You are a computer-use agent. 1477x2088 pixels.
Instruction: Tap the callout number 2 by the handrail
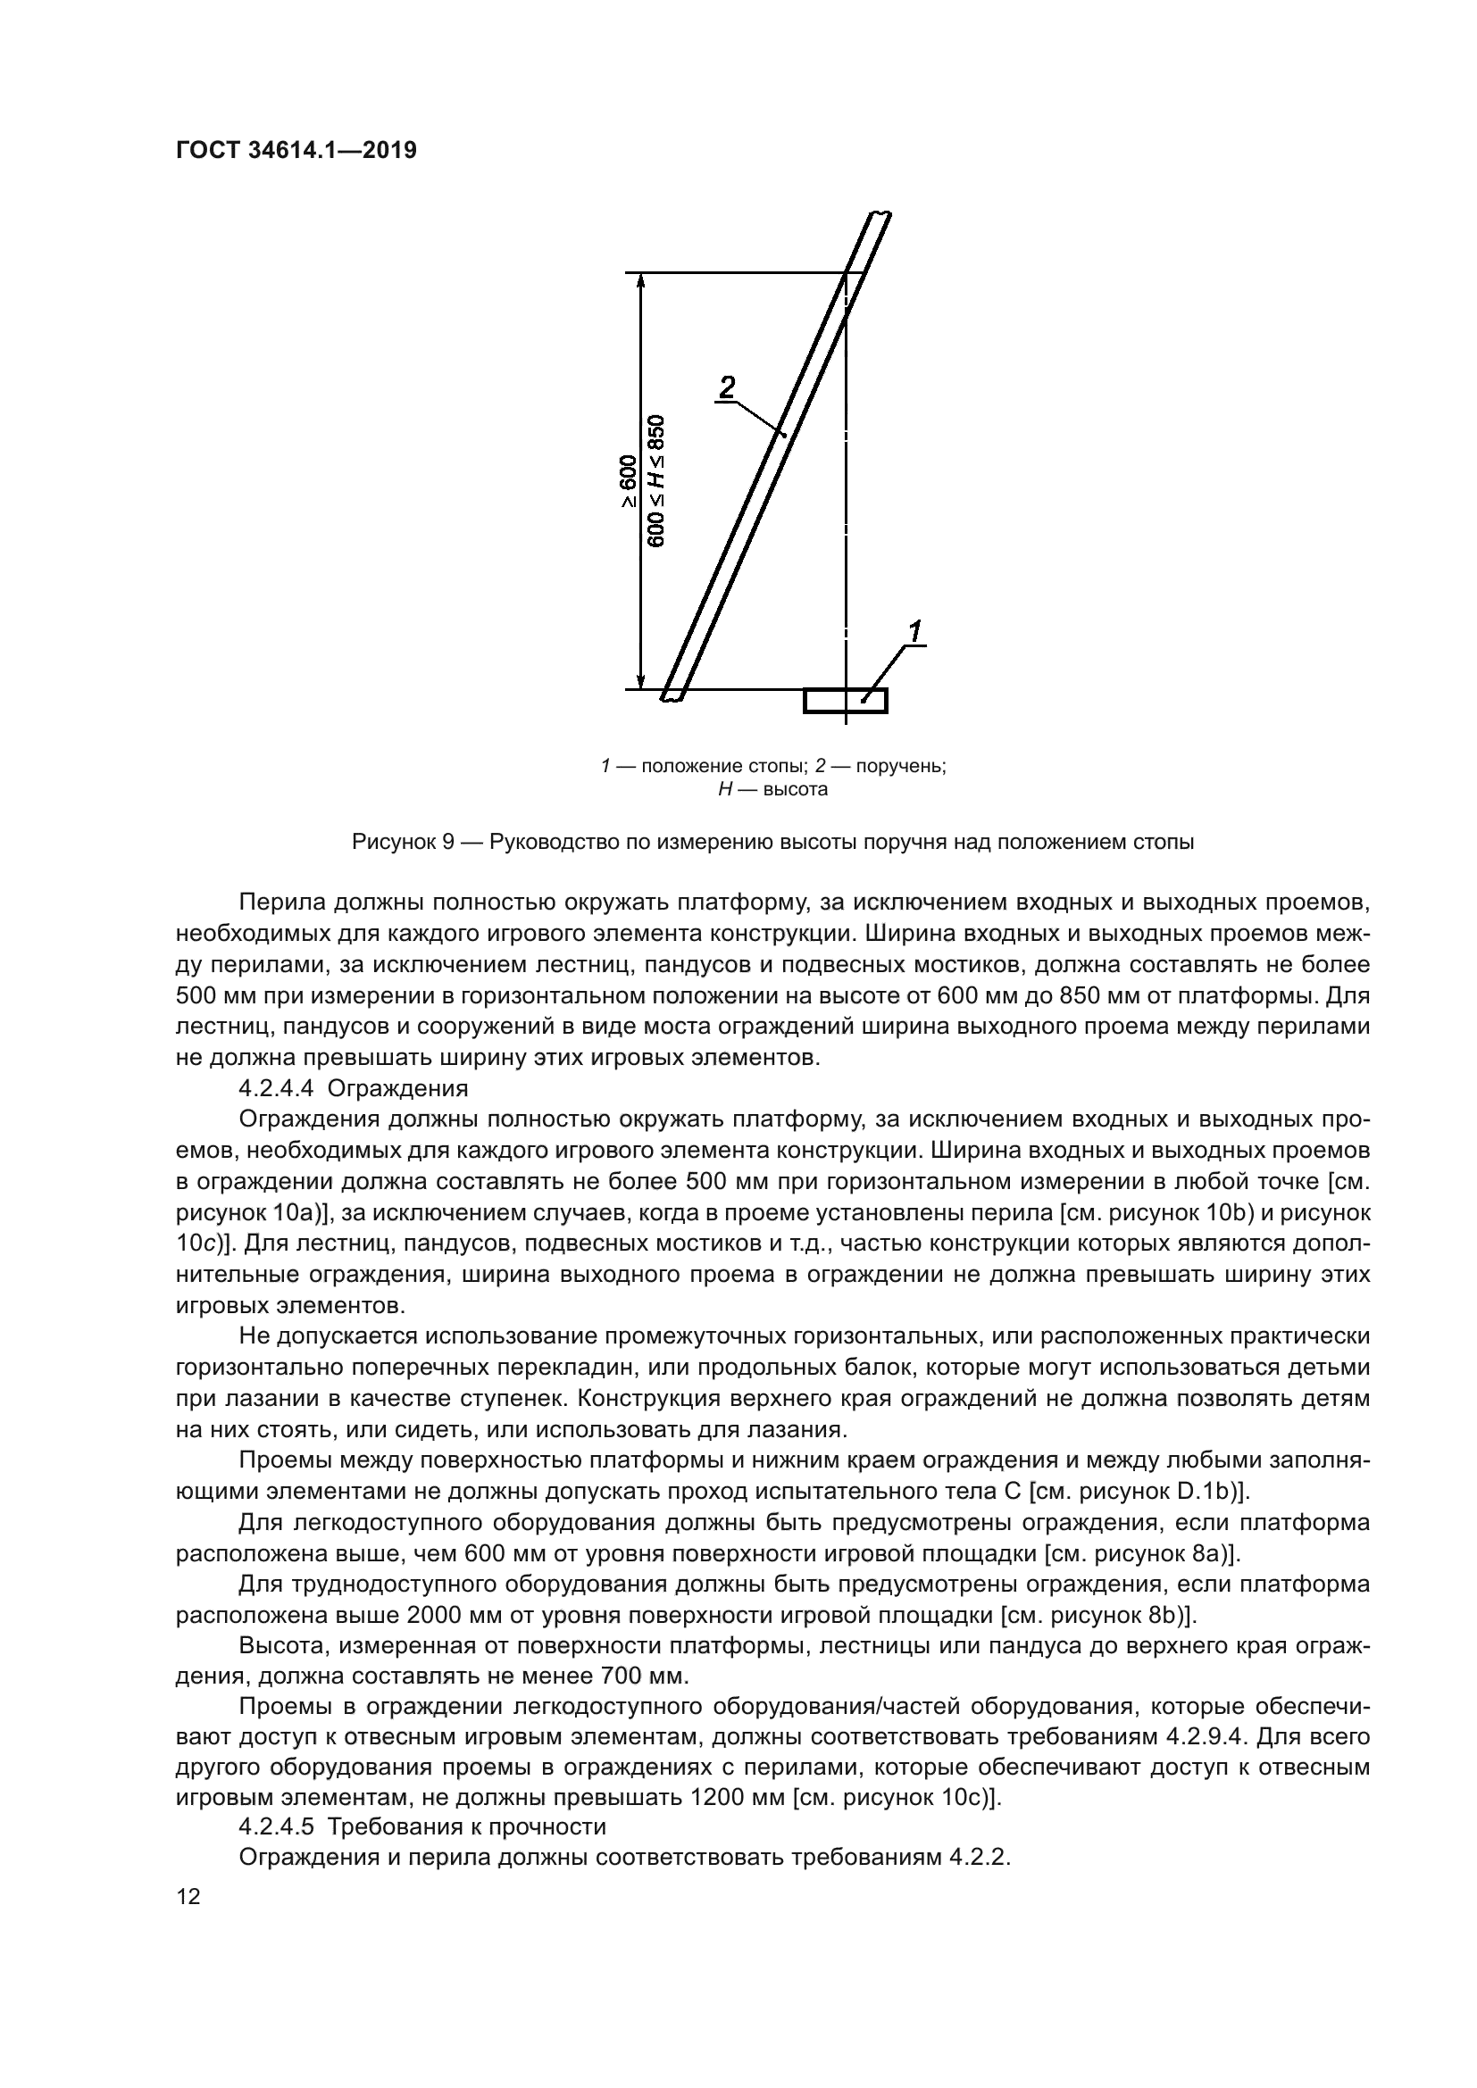(x=727, y=387)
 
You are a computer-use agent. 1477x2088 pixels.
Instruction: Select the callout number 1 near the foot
(x=915, y=630)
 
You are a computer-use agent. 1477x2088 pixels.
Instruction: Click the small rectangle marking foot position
(x=845, y=701)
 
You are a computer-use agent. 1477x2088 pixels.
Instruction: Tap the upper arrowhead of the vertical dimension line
(x=641, y=282)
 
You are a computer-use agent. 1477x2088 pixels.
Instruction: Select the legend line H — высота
(x=772, y=789)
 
